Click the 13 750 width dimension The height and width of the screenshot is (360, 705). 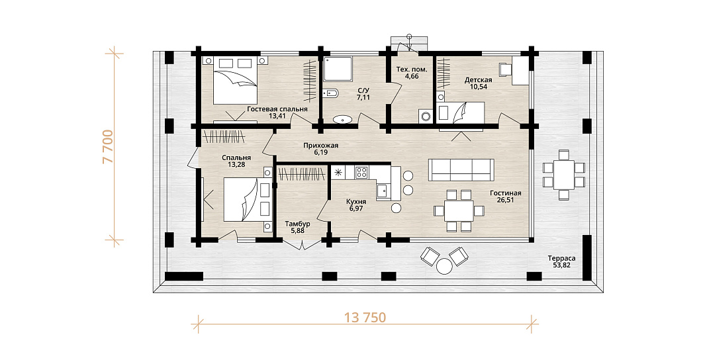(x=365, y=317)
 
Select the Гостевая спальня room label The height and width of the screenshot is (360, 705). (x=277, y=109)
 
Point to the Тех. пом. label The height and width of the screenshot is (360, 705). (x=412, y=69)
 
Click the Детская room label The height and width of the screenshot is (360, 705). (x=478, y=80)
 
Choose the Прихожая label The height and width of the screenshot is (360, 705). (x=320, y=146)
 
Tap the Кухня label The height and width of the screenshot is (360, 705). (x=355, y=202)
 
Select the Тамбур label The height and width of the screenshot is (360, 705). (x=298, y=224)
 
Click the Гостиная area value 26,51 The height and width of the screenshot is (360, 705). (x=506, y=200)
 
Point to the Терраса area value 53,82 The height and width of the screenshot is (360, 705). (x=561, y=265)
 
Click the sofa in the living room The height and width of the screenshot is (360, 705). (x=461, y=170)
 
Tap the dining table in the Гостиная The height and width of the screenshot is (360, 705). (x=459, y=211)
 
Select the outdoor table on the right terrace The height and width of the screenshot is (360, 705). (x=564, y=175)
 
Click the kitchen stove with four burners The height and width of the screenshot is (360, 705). (x=362, y=172)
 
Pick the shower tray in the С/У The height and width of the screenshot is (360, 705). (x=337, y=69)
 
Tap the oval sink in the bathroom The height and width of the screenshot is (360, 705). (x=343, y=120)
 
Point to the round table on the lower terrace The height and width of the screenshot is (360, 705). (x=445, y=266)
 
